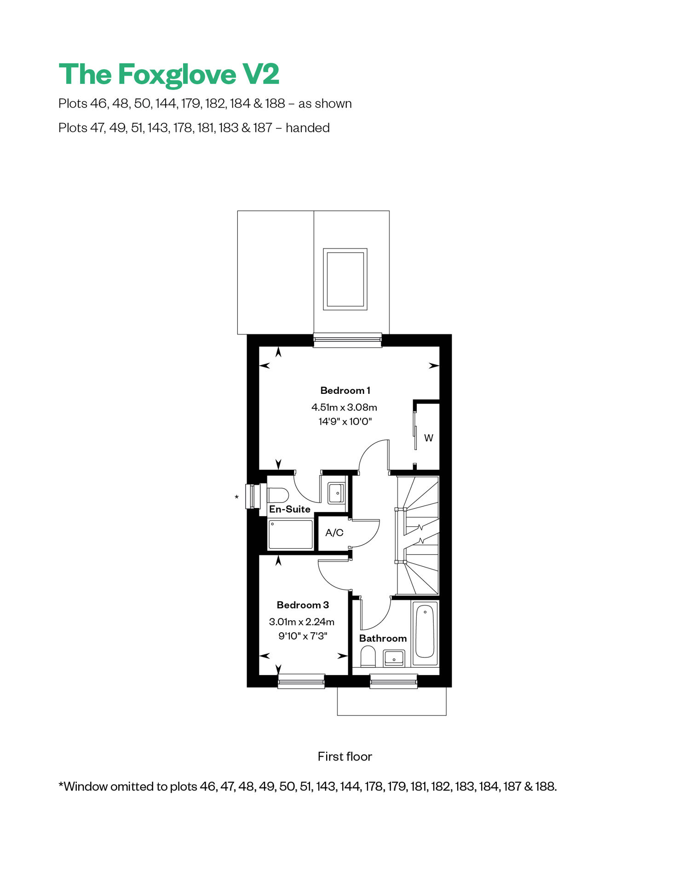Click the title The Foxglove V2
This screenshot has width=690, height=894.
[x=169, y=74]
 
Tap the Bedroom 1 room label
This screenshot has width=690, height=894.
[x=345, y=391]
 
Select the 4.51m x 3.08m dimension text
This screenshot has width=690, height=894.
[x=344, y=407]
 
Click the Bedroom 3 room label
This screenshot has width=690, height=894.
[x=303, y=605]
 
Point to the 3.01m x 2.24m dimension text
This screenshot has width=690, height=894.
[x=302, y=622]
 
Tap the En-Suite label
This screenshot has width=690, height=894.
[x=290, y=509]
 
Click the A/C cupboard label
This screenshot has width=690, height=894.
[x=334, y=533]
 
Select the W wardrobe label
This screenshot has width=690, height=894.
[x=429, y=438]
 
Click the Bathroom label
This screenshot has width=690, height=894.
[x=383, y=639]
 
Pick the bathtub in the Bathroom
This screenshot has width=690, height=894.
[x=425, y=634]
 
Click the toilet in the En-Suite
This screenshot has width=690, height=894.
[x=278, y=496]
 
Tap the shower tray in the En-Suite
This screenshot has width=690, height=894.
[x=291, y=535]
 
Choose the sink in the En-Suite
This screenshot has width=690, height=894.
[x=336, y=493]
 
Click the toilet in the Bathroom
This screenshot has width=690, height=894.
[x=368, y=657]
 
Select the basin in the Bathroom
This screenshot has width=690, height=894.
[x=394, y=658]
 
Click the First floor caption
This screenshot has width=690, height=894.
[x=345, y=757]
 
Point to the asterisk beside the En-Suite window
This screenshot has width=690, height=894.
[x=236, y=497]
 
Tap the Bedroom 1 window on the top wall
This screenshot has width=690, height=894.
[x=347, y=340]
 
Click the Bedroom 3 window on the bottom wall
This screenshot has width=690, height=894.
[x=301, y=681]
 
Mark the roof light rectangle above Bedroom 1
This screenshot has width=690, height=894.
[x=345, y=279]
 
